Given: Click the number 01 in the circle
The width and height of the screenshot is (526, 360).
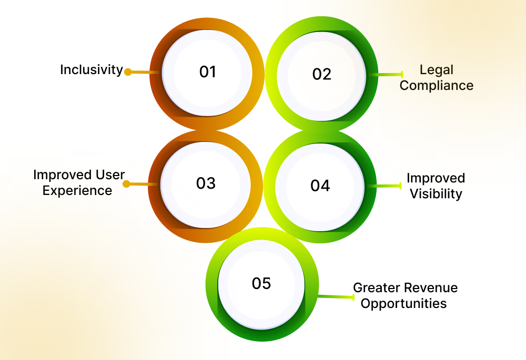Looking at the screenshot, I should click(208, 72).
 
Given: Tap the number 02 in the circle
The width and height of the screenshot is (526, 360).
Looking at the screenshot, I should click(322, 74).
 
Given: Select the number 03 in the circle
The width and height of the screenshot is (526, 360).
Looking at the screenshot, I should click(206, 183).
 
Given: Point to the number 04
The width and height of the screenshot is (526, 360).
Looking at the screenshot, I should click(320, 186).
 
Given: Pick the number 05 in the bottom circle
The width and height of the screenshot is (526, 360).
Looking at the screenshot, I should click(261, 283).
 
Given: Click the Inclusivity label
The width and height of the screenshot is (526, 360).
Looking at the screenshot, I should click(91, 69).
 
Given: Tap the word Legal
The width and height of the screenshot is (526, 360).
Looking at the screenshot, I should click(436, 69).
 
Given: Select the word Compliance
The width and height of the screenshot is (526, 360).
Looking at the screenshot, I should click(436, 85).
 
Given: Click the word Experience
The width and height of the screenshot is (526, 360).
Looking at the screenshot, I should click(77, 190).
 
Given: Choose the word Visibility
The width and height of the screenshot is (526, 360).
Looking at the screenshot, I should click(436, 193).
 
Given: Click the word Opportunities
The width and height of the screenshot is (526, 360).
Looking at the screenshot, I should click(404, 303).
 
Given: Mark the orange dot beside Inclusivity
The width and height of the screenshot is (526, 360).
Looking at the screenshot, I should click(127, 72).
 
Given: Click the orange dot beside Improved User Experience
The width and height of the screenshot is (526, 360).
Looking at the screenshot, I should click(126, 183).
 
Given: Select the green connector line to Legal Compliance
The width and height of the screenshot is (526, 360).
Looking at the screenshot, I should click(387, 75).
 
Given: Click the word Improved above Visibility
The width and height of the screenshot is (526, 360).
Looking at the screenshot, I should click(436, 178).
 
